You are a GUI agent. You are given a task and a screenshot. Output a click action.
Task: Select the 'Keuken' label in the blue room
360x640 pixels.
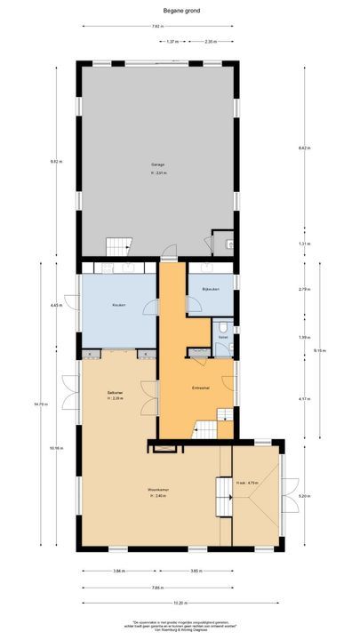[x=118, y=306]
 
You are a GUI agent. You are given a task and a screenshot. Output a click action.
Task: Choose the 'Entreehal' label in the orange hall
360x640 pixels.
[x=201, y=388]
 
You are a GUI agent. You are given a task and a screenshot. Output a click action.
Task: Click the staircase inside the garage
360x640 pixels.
[x=117, y=246]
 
